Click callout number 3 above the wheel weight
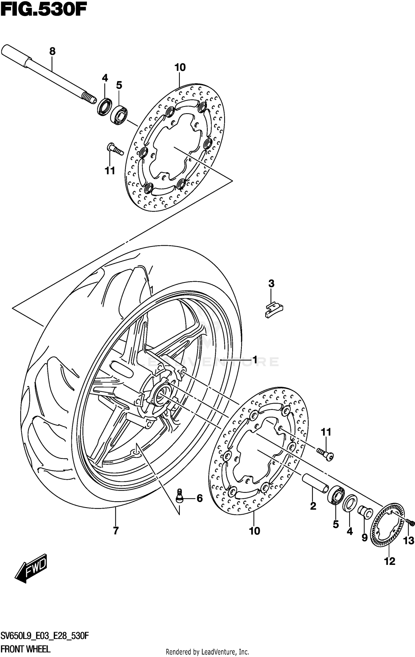tap(271, 283)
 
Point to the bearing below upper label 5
tap(119, 115)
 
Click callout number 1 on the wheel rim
tap(255, 360)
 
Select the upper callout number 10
tap(180, 67)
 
